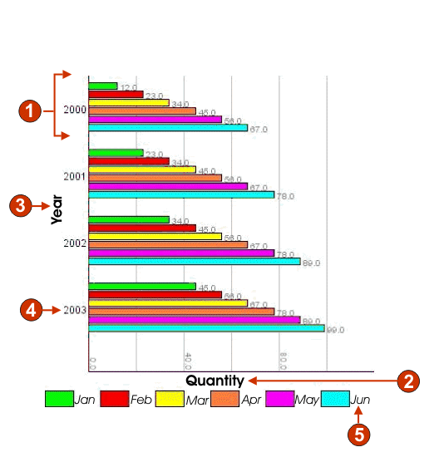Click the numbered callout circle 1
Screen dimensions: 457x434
tap(29, 111)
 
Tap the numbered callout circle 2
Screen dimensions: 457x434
tap(408, 381)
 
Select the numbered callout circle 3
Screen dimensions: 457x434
tap(21, 207)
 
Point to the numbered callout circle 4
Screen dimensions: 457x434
tap(31, 310)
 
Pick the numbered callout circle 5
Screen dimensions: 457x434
tap(358, 432)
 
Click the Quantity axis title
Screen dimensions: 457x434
tap(215, 381)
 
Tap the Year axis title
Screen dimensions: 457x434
tap(57, 209)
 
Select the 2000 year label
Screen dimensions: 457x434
tap(75, 110)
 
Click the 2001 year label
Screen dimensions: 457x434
tap(75, 176)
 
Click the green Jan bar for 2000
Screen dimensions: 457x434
tap(102, 86)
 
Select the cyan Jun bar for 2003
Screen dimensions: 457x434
tap(205, 328)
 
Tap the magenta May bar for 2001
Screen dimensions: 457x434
tap(167, 186)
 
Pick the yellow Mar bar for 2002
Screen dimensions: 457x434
tap(155, 236)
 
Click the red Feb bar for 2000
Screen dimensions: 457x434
tap(116, 95)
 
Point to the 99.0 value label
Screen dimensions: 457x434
tap(335, 330)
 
